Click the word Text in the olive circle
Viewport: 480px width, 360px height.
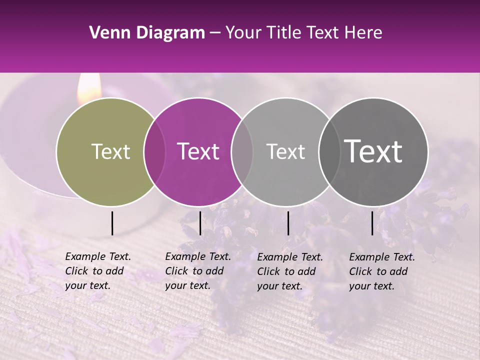click(x=110, y=151)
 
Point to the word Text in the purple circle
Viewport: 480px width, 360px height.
click(x=198, y=151)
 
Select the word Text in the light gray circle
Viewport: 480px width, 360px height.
click(x=285, y=151)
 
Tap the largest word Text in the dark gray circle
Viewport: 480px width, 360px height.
click(x=373, y=151)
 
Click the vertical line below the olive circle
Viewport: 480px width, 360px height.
click(x=112, y=223)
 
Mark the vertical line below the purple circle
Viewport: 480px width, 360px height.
click(x=200, y=223)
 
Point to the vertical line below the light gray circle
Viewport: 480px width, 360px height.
click(x=288, y=223)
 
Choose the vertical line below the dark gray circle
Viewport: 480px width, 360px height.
click(x=372, y=223)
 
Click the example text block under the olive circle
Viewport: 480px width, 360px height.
click(x=97, y=271)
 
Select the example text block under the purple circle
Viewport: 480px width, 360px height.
click(x=197, y=271)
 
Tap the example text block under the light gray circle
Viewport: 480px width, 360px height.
click(x=289, y=271)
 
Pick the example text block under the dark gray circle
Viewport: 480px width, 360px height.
click(x=381, y=271)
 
